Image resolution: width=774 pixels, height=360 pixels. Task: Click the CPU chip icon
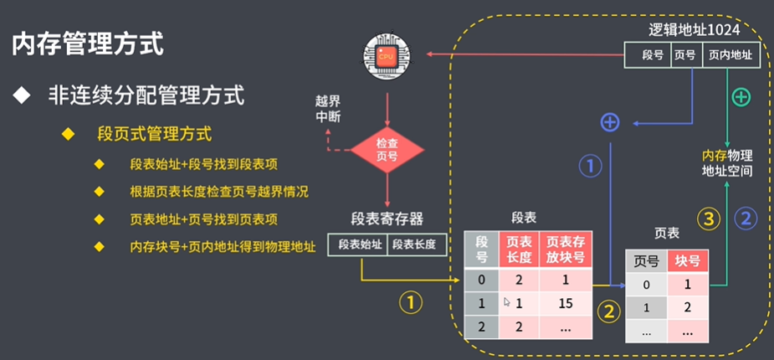pos(387,55)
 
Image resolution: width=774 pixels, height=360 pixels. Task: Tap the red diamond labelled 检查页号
pos(387,149)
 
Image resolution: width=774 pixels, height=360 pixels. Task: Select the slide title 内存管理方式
pos(88,44)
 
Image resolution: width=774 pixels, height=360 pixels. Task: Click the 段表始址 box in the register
pos(360,244)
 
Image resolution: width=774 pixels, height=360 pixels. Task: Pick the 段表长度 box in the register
pos(415,244)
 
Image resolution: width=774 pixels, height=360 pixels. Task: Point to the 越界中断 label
pos(328,110)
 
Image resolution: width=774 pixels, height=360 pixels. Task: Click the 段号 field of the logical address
pos(652,55)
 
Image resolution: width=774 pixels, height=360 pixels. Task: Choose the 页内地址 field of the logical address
pos(730,55)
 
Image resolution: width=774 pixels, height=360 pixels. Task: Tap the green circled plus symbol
pos(741,97)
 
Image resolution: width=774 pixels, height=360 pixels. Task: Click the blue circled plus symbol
pos(610,123)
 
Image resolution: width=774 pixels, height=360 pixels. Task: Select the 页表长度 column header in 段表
pos(519,249)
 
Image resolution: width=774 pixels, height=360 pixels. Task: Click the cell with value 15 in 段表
pos(566,302)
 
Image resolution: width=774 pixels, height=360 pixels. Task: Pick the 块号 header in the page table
pos(688,260)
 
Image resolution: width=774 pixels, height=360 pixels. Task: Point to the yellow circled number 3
pos(710,220)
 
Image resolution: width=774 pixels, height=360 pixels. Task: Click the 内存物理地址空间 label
pos(727,162)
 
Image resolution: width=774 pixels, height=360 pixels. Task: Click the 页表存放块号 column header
pos(566,249)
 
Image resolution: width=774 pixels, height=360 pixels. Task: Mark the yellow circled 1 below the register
pos(410,302)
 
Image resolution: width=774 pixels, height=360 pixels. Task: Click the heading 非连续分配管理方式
pos(146,95)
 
